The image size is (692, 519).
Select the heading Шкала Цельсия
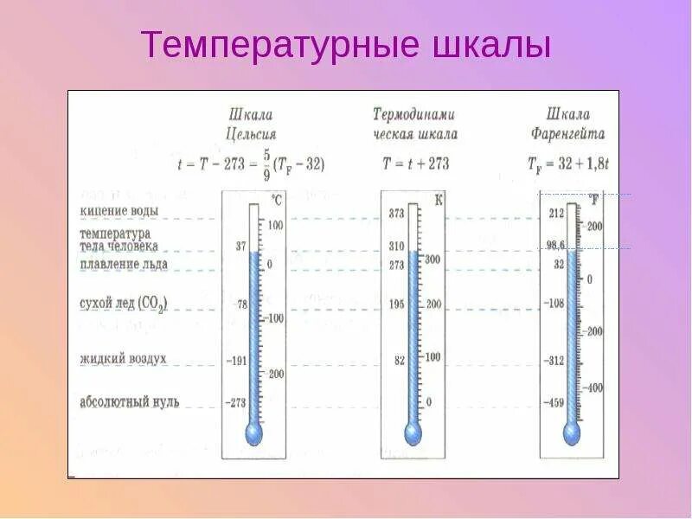[x=251, y=124]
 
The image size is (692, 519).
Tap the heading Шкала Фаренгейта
[x=568, y=124]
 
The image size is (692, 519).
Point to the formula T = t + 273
[x=415, y=163]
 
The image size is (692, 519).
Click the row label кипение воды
[x=119, y=211]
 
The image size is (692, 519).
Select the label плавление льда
[x=124, y=263]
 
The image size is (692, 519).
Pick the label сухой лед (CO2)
[x=124, y=303]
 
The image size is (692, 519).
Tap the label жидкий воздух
[x=123, y=358]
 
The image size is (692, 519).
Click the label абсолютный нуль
[x=129, y=402]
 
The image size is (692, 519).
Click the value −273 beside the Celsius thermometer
[x=235, y=402]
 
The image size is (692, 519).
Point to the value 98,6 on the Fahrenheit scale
[x=554, y=246]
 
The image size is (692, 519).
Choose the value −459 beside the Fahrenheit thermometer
[x=554, y=402]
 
